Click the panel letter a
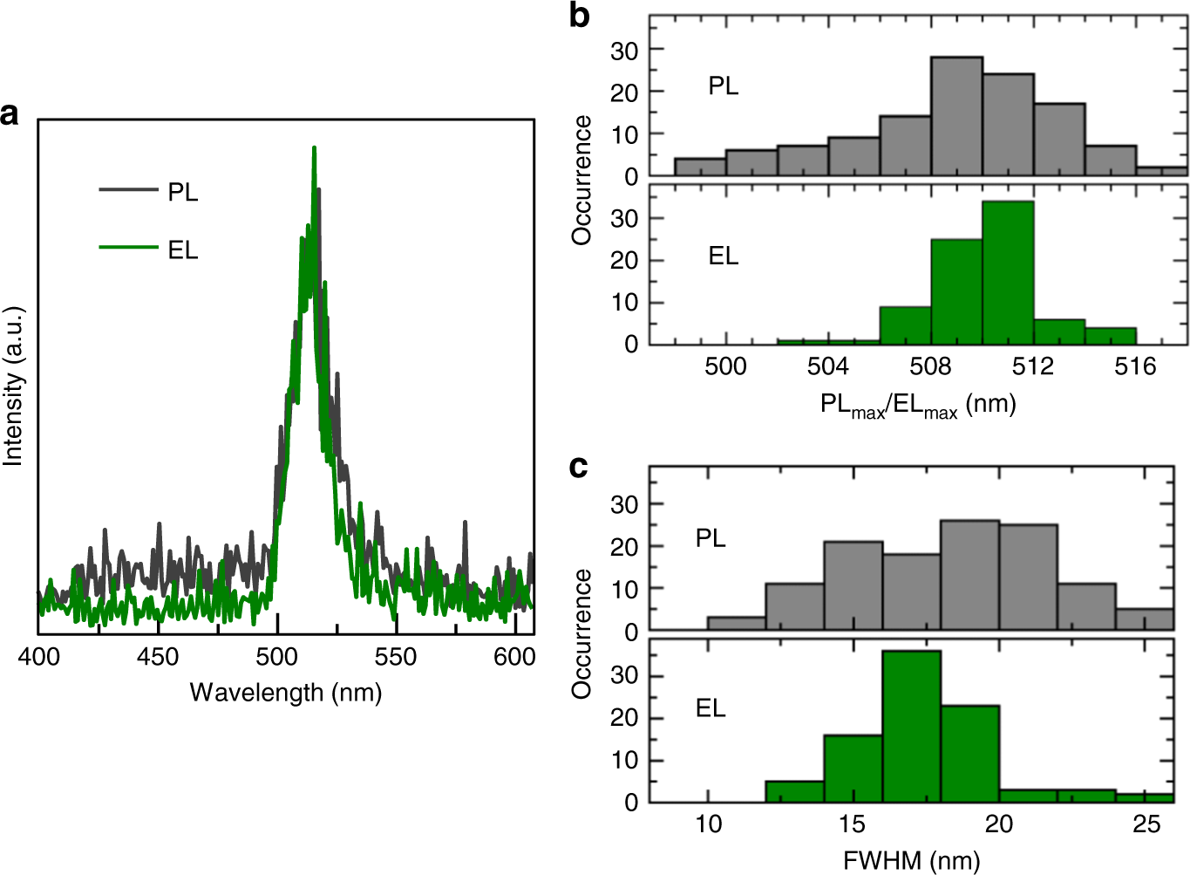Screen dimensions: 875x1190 [10, 114]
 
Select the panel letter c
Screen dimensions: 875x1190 [578, 467]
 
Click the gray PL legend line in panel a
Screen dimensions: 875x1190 [127, 189]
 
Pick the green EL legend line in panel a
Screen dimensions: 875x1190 [127, 248]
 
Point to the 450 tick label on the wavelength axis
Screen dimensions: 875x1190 [158, 656]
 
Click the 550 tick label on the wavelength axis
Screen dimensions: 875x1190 [396, 656]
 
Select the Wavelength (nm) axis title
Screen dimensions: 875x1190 [286, 693]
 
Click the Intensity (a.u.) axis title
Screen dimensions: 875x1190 [13, 386]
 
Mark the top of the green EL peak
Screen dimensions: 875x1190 [314, 150]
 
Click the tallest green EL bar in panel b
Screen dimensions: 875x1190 [1008, 273]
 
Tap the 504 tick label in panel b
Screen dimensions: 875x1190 [827, 366]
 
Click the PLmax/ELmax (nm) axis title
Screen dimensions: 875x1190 [918, 405]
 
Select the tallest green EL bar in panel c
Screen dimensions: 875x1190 [911, 727]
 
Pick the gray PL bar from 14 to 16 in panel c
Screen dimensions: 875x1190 [853, 586]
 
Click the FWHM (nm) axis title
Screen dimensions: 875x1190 [911, 861]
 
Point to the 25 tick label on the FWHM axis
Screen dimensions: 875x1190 [1146, 824]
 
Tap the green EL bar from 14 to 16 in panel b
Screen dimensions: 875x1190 [1111, 336]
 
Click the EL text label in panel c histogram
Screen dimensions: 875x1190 [711, 708]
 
